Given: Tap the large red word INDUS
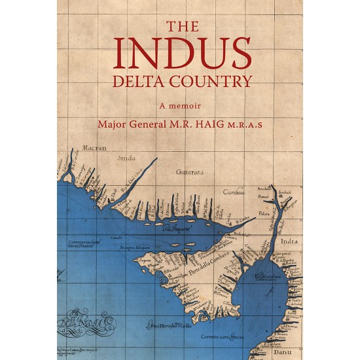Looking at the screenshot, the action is pos(179,54).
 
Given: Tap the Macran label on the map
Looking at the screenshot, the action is pos(94,149).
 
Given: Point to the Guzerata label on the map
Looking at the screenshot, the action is pos(190,171).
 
